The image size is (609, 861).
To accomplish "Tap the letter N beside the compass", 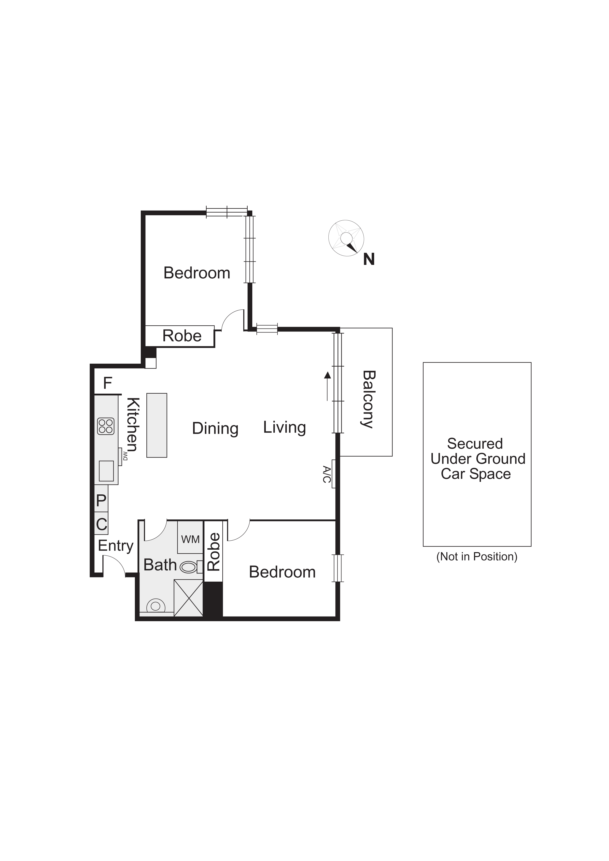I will [x=369, y=259].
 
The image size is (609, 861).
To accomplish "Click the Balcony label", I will [x=369, y=399].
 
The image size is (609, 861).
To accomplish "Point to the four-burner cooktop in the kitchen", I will [x=106, y=426].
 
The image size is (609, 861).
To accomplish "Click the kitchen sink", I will [x=106, y=471].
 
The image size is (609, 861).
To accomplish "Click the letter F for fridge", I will [x=107, y=383].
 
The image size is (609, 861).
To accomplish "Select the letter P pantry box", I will [x=101, y=501].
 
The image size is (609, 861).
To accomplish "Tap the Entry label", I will [x=115, y=546].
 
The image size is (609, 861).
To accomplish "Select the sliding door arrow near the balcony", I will [x=327, y=386].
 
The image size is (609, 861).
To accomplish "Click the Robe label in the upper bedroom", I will [x=182, y=336].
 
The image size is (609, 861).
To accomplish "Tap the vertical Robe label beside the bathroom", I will [x=214, y=552].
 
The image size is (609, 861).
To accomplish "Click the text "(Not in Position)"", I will [x=477, y=557].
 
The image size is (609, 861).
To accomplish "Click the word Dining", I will [x=215, y=428].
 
